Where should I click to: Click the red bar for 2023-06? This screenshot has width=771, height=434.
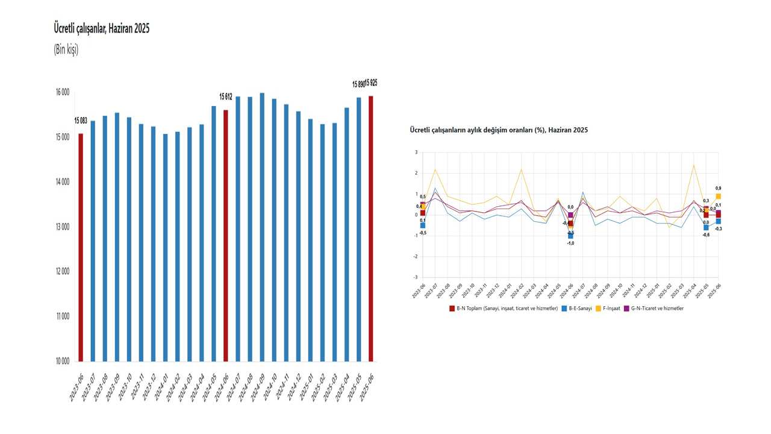[81, 247]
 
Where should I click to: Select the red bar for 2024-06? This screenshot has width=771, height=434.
[226, 235]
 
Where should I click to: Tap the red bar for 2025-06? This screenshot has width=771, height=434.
[371, 229]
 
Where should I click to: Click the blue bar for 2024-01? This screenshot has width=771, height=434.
[165, 247]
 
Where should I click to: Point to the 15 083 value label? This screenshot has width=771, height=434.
[81, 121]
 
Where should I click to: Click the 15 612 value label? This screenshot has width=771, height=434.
[226, 96]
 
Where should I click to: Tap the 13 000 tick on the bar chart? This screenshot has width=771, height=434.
[61, 227]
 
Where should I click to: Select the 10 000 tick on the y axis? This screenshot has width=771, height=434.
[61, 361]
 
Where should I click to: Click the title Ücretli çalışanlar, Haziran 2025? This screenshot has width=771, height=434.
[101, 28]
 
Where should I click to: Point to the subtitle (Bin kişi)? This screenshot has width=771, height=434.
[66, 49]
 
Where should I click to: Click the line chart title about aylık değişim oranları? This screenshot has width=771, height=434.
[498, 130]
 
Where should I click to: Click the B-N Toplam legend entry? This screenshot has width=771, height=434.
[504, 308]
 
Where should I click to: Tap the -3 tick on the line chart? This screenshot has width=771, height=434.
[416, 277]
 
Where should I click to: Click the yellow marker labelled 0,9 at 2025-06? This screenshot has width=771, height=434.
[719, 197]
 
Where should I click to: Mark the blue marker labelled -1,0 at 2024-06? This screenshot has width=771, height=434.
[570, 236]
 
